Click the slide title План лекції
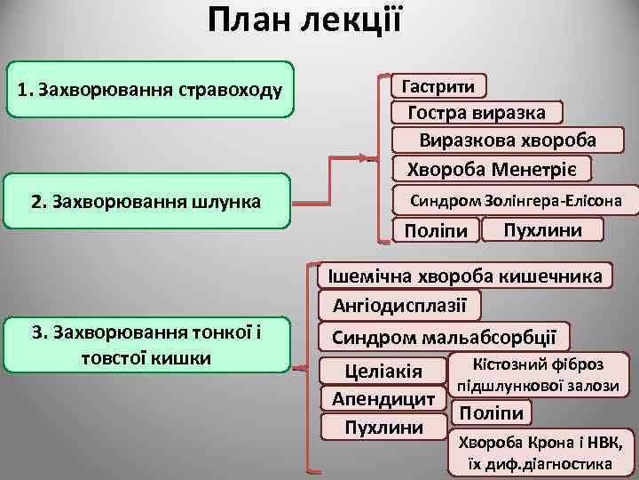pos(305,20)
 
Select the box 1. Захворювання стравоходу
pos(150,90)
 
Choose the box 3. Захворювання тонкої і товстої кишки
pos(147,344)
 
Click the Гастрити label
pos(439,86)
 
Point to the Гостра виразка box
pos(477,113)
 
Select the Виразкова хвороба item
pos(508,140)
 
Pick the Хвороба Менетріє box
pos(492,168)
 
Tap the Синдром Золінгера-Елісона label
pos(515,200)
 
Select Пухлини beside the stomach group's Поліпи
pos(541,230)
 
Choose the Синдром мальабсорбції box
pos(445,337)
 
